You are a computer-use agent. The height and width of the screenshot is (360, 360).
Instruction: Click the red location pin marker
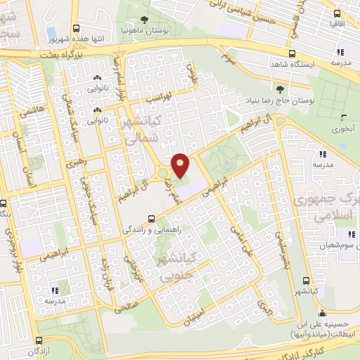tap(181, 165)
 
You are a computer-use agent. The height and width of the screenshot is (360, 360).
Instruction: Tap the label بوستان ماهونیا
tap(143, 32)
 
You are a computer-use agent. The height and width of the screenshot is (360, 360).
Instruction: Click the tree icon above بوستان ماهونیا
tap(144, 20)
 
